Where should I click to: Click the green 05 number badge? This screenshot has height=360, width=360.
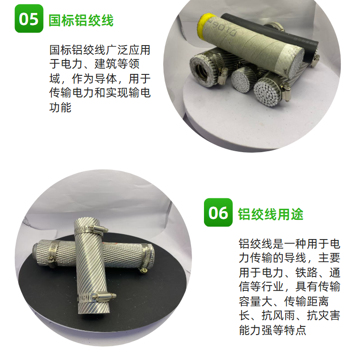click(29, 18)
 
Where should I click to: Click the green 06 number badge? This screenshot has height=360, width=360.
click(218, 212)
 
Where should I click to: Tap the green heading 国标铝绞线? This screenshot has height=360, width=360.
click(81, 21)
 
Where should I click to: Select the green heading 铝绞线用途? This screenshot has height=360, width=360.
click(270, 214)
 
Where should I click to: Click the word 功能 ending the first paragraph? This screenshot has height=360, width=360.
click(60, 107)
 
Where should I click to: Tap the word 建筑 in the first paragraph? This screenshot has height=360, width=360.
click(105, 64)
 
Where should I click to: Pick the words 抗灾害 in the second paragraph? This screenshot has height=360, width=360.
click(323, 315)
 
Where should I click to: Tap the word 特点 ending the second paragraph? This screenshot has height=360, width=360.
click(295, 330)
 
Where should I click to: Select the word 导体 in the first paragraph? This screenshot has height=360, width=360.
click(105, 79)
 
